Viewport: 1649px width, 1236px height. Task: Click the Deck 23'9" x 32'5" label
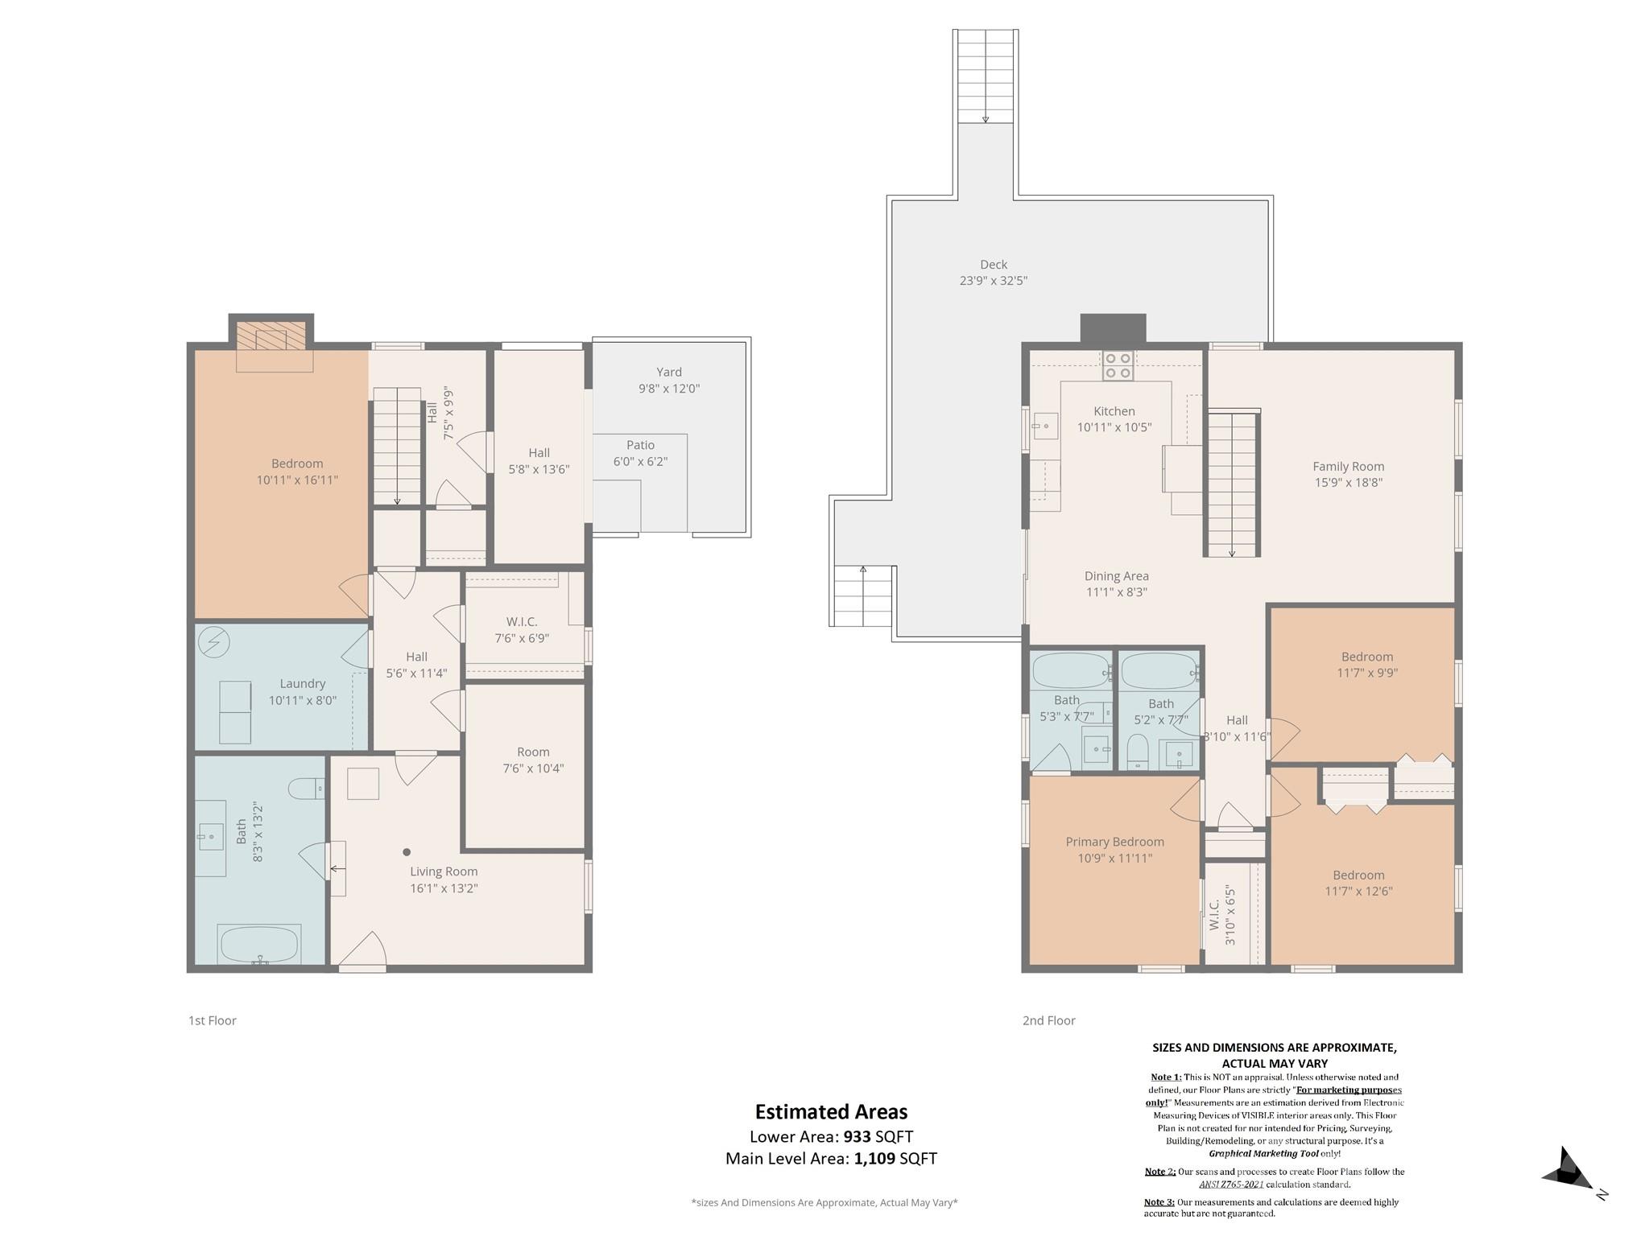click(x=993, y=272)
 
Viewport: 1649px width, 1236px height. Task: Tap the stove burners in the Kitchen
click(x=1118, y=366)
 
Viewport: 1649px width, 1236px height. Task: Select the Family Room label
click(x=1348, y=474)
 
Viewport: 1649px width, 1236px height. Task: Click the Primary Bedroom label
click(x=1114, y=849)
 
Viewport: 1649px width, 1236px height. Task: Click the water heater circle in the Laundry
click(x=214, y=642)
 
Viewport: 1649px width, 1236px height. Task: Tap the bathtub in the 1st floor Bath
click(x=258, y=945)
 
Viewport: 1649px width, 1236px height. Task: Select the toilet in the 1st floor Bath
click(x=306, y=787)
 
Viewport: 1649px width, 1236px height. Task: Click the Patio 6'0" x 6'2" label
click(x=640, y=453)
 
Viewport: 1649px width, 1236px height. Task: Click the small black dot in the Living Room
click(x=407, y=852)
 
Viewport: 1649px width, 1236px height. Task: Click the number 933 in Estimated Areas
click(x=857, y=1137)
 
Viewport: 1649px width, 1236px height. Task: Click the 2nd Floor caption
click(x=1048, y=1020)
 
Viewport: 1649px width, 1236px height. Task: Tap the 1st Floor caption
click(x=212, y=1020)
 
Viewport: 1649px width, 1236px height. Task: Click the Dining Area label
click(x=1116, y=583)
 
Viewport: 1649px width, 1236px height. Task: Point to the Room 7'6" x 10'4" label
click(x=532, y=760)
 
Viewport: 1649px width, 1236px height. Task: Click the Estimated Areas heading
click(x=831, y=1111)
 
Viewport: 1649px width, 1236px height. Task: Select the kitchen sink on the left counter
click(x=1045, y=426)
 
